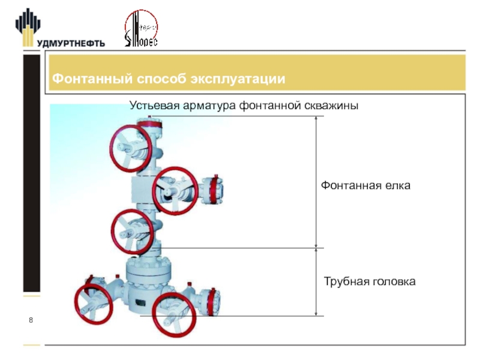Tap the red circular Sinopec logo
point(140,29)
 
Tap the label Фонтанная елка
point(365,186)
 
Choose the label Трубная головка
point(370,281)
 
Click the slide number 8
point(31,323)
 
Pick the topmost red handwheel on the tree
point(129,148)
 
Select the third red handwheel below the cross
point(133,231)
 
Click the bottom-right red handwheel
point(175,314)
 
